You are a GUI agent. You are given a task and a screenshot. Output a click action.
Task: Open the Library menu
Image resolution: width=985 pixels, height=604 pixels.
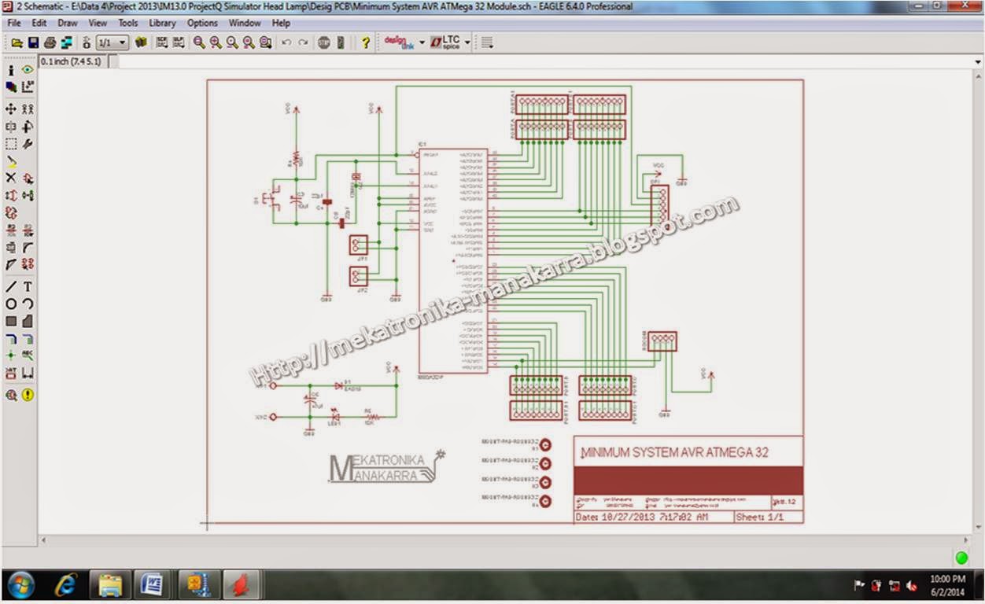point(162,23)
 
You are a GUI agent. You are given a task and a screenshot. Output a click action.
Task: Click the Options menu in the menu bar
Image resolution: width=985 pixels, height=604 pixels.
point(202,23)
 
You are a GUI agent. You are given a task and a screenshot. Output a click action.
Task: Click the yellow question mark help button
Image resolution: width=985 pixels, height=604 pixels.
point(366,42)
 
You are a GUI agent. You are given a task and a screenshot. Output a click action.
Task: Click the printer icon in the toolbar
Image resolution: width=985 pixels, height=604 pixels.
point(50,42)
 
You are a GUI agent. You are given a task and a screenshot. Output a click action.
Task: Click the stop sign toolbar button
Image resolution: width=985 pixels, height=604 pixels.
point(324,42)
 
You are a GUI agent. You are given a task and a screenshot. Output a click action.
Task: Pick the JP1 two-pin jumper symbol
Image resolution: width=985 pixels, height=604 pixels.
point(359,245)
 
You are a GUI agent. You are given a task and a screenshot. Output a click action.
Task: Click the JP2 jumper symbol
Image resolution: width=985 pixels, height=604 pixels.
point(359,276)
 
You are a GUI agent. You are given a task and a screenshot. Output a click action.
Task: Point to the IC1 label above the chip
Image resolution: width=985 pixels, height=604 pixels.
point(422,145)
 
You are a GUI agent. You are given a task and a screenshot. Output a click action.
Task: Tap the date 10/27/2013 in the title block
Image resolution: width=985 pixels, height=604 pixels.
point(627,517)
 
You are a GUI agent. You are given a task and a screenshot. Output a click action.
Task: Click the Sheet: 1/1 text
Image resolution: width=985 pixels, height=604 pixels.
point(759,517)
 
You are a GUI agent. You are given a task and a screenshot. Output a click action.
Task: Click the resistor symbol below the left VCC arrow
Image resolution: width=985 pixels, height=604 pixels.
point(296,159)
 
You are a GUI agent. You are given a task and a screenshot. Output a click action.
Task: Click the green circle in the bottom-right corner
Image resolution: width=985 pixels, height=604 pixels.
point(961,558)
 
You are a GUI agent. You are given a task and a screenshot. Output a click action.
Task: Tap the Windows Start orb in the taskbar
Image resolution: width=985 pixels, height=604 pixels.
point(20,586)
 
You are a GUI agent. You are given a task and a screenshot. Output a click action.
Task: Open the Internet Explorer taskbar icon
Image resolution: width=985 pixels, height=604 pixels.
point(66,586)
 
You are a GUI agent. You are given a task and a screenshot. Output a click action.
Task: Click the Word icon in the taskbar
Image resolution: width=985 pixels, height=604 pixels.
point(153,586)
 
